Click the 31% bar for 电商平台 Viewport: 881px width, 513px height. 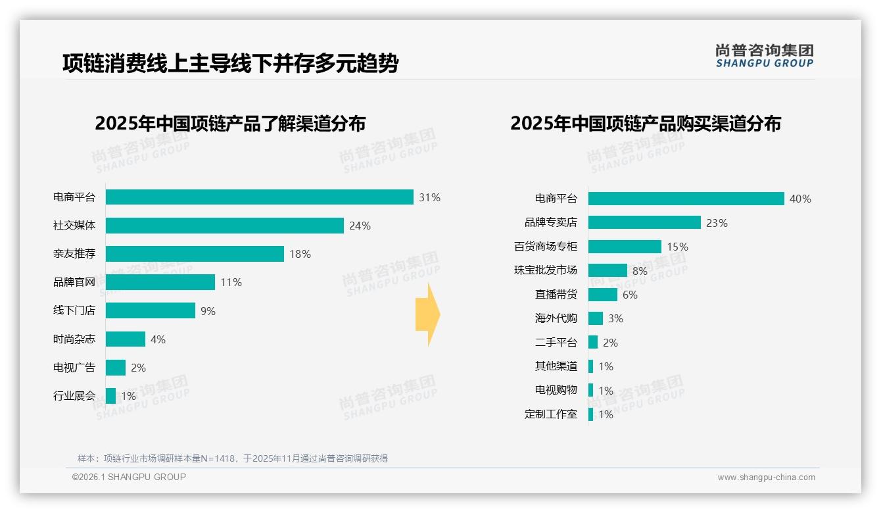pos(259,197)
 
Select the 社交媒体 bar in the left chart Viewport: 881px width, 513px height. pos(224,226)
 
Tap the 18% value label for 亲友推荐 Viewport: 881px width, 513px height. pos(300,254)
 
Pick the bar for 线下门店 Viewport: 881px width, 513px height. pos(150,310)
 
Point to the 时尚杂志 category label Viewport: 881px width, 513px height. pos(74,339)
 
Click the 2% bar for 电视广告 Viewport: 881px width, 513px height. pos(115,368)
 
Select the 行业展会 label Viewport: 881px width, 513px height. pos(74,396)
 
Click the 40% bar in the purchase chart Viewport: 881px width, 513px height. pos(686,199)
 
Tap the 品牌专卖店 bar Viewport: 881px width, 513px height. pos(644,222)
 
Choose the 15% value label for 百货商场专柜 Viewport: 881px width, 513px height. pos(677,247)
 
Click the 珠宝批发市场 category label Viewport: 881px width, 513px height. pos(545,270)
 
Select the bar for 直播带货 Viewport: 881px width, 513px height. pos(602,295)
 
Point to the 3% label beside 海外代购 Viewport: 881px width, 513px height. pos(615,318)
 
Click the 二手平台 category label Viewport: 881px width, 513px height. pos(556,343)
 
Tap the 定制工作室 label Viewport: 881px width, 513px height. pos(550,414)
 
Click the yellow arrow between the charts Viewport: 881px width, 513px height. pos(428,315)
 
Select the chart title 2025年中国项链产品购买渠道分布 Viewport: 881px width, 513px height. pos(645,124)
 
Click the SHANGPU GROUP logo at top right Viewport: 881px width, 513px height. pos(764,56)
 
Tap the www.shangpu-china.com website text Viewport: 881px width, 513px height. pos(766,477)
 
